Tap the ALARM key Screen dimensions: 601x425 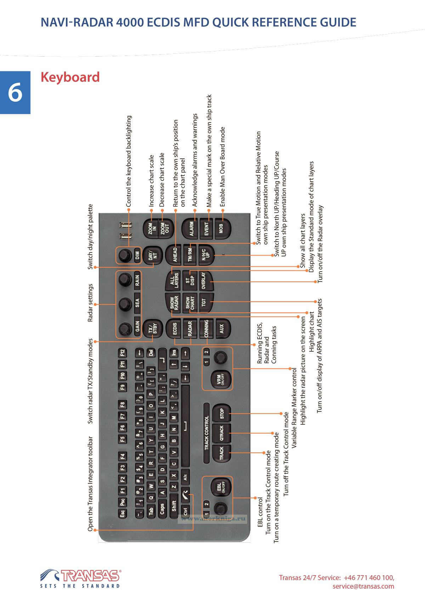192,229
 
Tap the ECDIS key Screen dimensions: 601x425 175,329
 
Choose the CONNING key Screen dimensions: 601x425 206,329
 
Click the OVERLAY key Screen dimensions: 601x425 204,281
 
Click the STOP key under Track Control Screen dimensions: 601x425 222,413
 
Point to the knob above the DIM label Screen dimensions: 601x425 124,255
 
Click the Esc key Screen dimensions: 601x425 123,512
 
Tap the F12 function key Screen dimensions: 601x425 123,353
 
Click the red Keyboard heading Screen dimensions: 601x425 70,77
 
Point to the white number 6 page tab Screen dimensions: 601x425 15,92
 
